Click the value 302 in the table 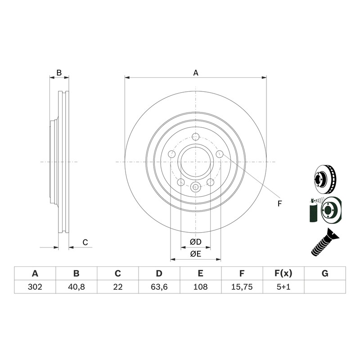(35, 287)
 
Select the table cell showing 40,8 (76, 287)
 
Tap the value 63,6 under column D (159, 287)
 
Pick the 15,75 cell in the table (242, 287)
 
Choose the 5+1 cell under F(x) (283, 287)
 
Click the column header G (325, 274)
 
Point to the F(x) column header (283, 274)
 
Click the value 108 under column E (200, 287)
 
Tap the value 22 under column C (118, 287)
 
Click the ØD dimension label (196, 242)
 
